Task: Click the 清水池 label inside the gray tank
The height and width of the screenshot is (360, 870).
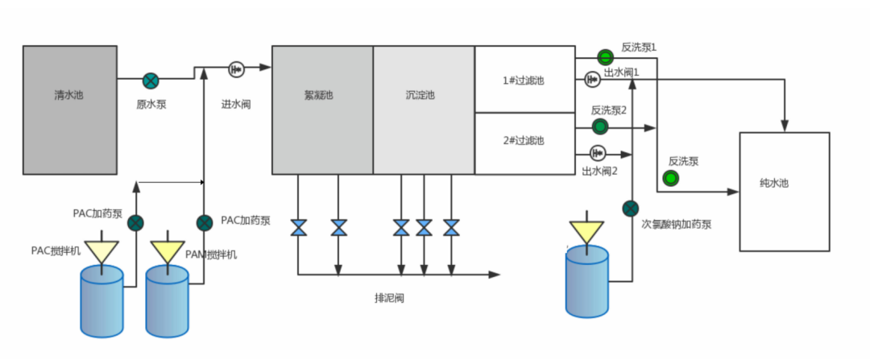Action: [x=68, y=96]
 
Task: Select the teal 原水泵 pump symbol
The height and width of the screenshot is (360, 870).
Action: [x=151, y=80]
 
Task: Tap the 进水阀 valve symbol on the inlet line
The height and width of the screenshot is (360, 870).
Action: [x=236, y=69]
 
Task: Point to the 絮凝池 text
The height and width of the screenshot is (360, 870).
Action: [x=319, y=96]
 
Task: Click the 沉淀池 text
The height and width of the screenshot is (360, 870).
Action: [x=420, y=96]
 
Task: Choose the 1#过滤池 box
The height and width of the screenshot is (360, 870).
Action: [x=524, y=80]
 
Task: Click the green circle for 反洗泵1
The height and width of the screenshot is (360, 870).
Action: [x=605, y=56]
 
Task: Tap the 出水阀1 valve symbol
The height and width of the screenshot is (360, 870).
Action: [x=592, y=79]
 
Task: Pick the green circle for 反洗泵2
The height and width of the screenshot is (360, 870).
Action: [x=600, y=126]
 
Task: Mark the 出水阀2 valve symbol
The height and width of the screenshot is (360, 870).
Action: [x=597, y=151]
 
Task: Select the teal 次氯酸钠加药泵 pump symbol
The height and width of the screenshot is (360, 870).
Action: [x=631, y=209]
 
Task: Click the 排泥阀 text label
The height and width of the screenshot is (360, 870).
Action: [x=389, y=298]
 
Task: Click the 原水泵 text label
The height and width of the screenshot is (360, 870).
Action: [x=151, y=104]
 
